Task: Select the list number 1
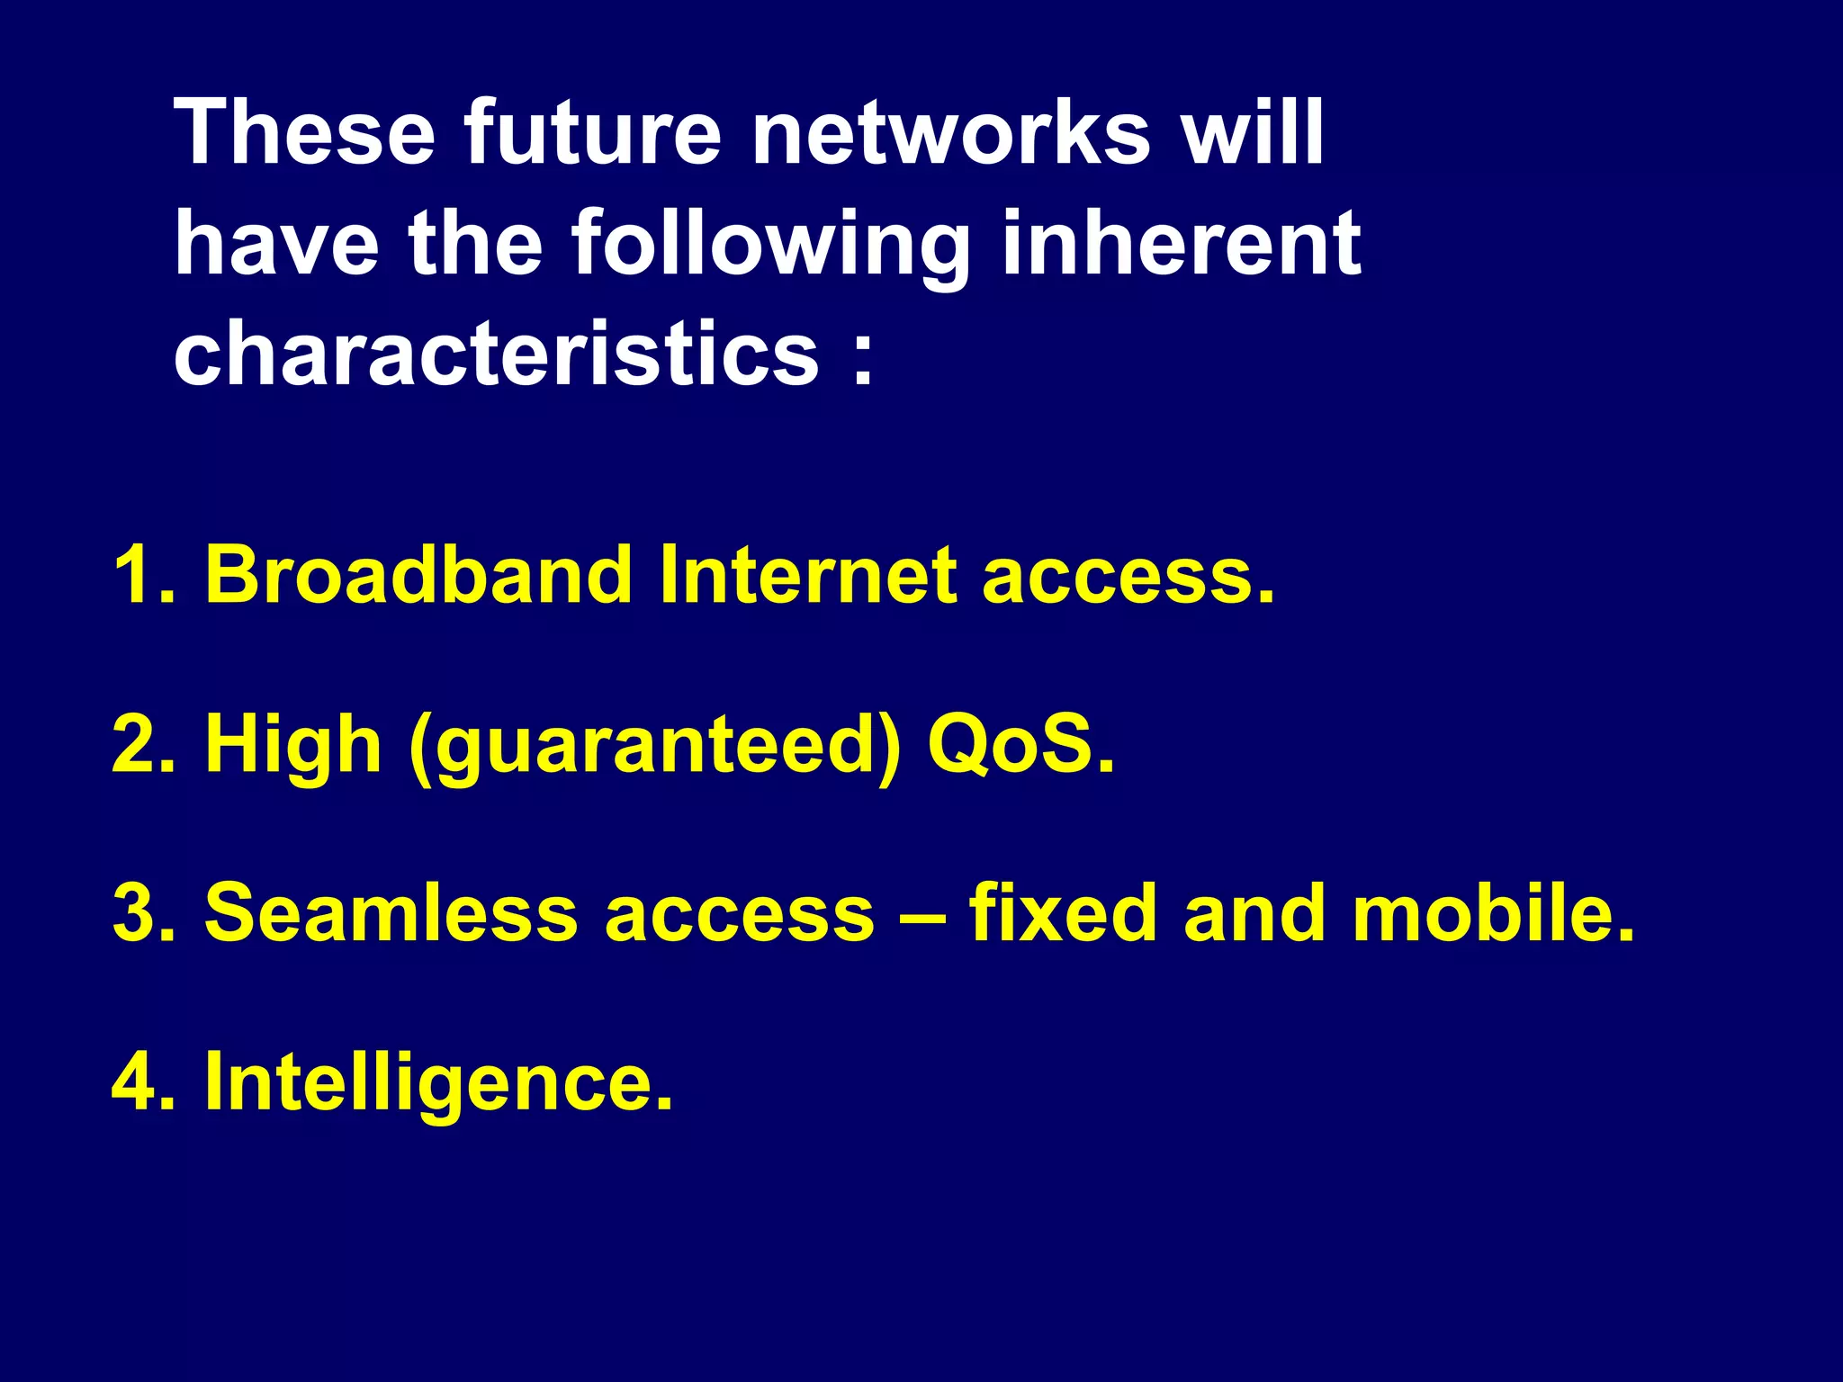coord(142,575)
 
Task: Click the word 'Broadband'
coord(419,575)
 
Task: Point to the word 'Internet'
coord(808,575)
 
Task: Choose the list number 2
coord(142,744)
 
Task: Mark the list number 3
coord(142,913)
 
